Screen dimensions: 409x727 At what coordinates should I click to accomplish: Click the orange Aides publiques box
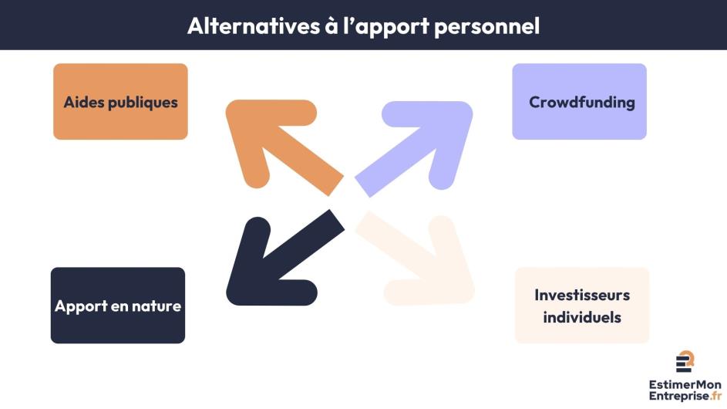point(120,101)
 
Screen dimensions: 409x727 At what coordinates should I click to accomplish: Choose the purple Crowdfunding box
point(580,101)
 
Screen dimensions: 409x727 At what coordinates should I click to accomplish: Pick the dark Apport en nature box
point(118,306)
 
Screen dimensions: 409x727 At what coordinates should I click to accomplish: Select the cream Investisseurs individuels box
point(582,306)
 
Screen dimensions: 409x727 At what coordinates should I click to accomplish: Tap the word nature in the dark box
point(157,306)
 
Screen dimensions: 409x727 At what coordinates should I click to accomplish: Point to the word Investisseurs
point(582,295)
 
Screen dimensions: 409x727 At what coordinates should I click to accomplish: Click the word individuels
point(582,317)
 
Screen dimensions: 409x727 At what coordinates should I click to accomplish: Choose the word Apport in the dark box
point(79,306)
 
